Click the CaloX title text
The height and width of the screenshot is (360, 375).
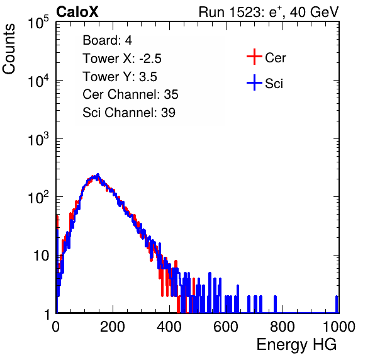[x=77, y=12]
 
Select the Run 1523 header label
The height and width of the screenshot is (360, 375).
[x=269, y=12]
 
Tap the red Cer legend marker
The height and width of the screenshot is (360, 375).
[x=254, y=57]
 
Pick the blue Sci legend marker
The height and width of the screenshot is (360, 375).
[x=254, y=83]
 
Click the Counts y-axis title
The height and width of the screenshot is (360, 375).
[x=9, y=49]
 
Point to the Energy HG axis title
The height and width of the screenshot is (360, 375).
[x=296, y=345]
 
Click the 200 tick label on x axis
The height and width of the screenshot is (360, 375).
[x=113, y=327]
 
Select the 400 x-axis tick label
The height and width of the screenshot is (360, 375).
[x=169, y=327]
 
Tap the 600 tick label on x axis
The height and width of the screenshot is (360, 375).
[x=226, y=327]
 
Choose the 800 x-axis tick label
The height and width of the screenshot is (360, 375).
[x=283, y=327]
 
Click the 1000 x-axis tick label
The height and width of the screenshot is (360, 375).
[x=339, y=327]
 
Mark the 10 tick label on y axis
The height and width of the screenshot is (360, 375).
[x=41, y=256]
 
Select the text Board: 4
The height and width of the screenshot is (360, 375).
[x=108, y=40]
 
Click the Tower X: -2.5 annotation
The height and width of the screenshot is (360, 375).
[x=122, y=59]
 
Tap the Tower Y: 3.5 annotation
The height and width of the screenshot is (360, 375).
[x=120, y=77]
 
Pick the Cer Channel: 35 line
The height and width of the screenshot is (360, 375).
[x=130, y=94]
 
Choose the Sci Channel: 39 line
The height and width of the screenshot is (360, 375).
[x=129, y=113]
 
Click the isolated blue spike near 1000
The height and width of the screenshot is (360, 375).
[x=337, y=304]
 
